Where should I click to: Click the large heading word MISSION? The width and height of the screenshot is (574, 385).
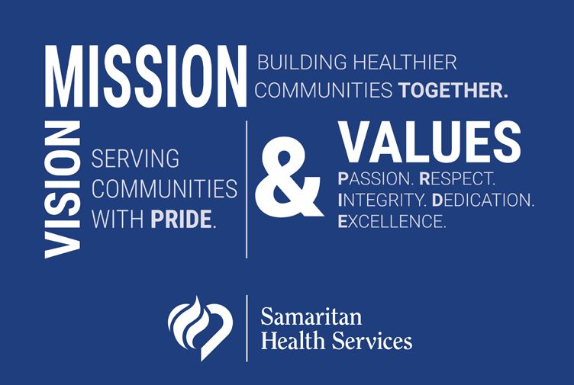146,76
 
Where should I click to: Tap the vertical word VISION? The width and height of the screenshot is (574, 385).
63,189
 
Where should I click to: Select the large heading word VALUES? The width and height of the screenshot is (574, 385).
430,142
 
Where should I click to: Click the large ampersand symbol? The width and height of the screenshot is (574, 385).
289,176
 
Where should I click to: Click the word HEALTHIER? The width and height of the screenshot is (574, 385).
405,63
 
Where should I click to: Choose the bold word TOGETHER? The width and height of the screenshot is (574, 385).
453,90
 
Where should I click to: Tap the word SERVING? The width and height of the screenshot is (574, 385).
135,159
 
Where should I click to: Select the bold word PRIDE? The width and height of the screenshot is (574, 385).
183,219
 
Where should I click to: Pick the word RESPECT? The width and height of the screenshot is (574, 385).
457,179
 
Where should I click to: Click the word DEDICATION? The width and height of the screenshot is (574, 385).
483,200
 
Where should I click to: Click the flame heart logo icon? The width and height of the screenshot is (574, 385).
200,329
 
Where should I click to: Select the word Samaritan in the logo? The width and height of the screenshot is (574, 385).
311,316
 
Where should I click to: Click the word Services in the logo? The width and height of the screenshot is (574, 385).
372,341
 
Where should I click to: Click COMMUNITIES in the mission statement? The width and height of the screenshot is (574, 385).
324,90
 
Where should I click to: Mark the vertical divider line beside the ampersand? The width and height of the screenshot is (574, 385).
247,189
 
